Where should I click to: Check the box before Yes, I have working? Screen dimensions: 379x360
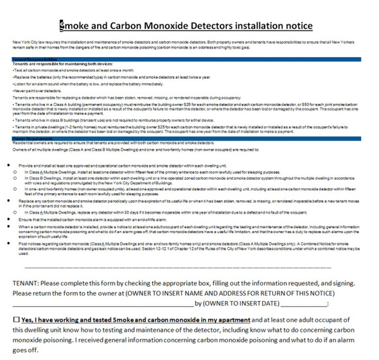(x=16, y=319)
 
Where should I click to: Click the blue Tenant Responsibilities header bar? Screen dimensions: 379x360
(x=189, y=59)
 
